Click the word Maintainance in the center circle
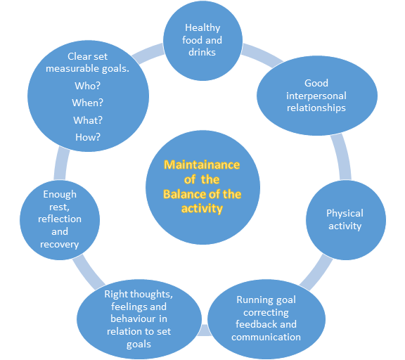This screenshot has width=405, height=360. click(x=202, y=165)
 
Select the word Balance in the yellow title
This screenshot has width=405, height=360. click(x=185, y=194)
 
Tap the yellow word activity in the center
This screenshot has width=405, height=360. click(x=202, y=209)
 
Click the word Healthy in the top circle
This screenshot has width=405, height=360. click(x=202, y=28)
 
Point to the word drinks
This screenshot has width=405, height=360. click(x=202, y=52)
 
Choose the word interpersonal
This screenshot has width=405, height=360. click(x=316, y=96)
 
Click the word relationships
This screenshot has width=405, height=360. click(x=316, y=108)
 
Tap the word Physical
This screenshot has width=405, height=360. click(x=345, y=214)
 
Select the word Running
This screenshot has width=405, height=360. click(x=252, y=300)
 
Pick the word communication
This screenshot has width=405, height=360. click(x=266, y=337)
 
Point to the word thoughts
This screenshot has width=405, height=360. click(x=151, y=294)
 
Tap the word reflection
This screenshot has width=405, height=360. click(x=60, y=219)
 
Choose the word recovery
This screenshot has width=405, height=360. click(x=59, y=244)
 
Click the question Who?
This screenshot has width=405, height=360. click(x=87, y=86)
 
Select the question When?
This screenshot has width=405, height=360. click(x=87, y=103)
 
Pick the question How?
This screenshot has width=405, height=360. click(x=88, y=137)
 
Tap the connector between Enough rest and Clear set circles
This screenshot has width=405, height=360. click(x=61, y=164)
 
